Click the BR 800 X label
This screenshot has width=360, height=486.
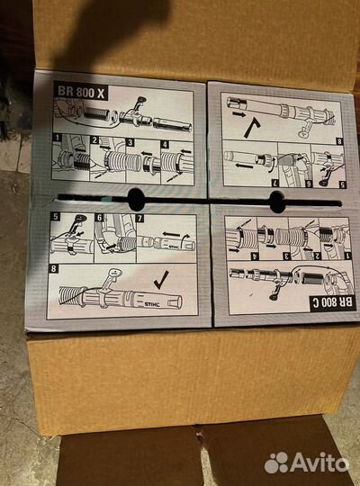click(81, 92)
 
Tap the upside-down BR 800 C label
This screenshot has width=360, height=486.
click(333, 302)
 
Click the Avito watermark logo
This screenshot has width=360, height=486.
click(307, 463)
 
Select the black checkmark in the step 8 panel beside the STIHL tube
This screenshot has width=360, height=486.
click(162, 280)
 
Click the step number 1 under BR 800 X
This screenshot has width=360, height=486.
click(57, 138)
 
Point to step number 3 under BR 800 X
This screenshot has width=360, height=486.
click(130, 142)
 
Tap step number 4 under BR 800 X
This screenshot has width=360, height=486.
click(166, 144)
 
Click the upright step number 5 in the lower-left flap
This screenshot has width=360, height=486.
click(55, 216)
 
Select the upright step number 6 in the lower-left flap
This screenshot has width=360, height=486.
click(99, 218)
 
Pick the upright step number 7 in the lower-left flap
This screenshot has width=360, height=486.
click(140, 219)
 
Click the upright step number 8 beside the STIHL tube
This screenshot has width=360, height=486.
click(53, 268)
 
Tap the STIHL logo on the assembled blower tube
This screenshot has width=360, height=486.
click(152, 304)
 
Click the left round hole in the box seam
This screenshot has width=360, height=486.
click(136, 199)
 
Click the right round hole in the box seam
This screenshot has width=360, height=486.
click(277, 202)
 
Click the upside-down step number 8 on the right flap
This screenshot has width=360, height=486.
click(340, 142)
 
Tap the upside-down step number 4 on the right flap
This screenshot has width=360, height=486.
click(253, 256)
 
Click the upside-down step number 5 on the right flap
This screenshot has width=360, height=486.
click(343, 184)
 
